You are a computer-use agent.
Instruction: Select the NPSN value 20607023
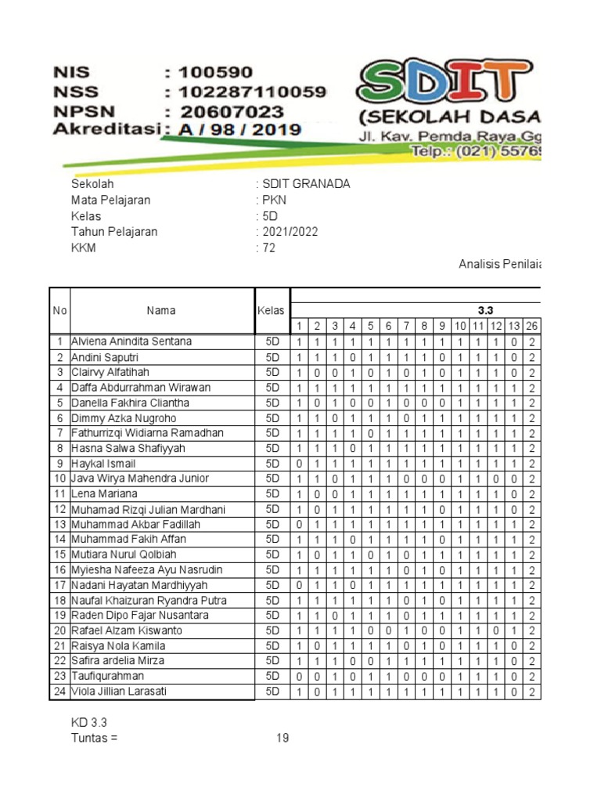tap(232, 111)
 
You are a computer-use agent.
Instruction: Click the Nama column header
tap(161, 311)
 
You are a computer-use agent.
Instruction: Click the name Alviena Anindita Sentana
tap(131, 341)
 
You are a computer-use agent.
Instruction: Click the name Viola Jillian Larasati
tap(119, 692)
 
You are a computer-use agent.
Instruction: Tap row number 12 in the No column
tap(59, 509)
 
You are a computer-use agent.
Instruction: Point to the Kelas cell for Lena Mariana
tap(272, 494)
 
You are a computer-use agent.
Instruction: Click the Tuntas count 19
tap(282, 738)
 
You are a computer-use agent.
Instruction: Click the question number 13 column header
tap(513, 326)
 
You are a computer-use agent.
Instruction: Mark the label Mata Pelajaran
tap(110, 200)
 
